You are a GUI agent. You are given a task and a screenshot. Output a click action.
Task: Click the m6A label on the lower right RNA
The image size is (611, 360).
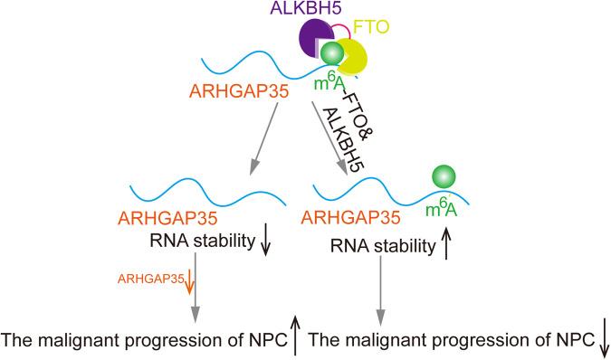coord(443,213)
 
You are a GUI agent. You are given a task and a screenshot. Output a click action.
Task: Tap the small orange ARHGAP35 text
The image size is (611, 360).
coord(150,279)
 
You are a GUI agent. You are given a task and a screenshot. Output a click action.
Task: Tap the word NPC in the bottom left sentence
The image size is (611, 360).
coord(263,341)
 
